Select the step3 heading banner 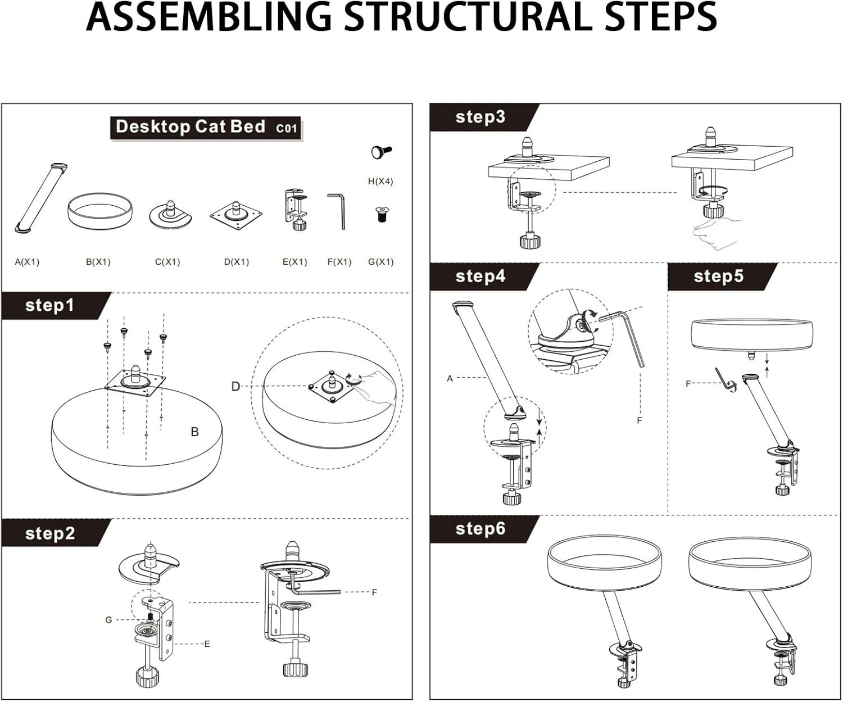(x=480, y=117)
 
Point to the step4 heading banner (x=480, y=276)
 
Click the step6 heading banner (x=480, y=528)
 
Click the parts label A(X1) (x=27, y=262)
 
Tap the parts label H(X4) (x=380, y=182)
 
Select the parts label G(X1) (x=380, y=262)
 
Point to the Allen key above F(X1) (x=337, y=211)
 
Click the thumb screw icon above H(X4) (x=381, y=152)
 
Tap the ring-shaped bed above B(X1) (x=100, y=211)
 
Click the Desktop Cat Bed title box (x=206, y=127)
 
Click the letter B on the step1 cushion (x=194, y=432)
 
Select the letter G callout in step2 (x=108, y=620)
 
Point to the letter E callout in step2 (x=207, y=644)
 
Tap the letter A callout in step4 (x=450, y=379)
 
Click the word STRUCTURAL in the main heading (x=468, y=17)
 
